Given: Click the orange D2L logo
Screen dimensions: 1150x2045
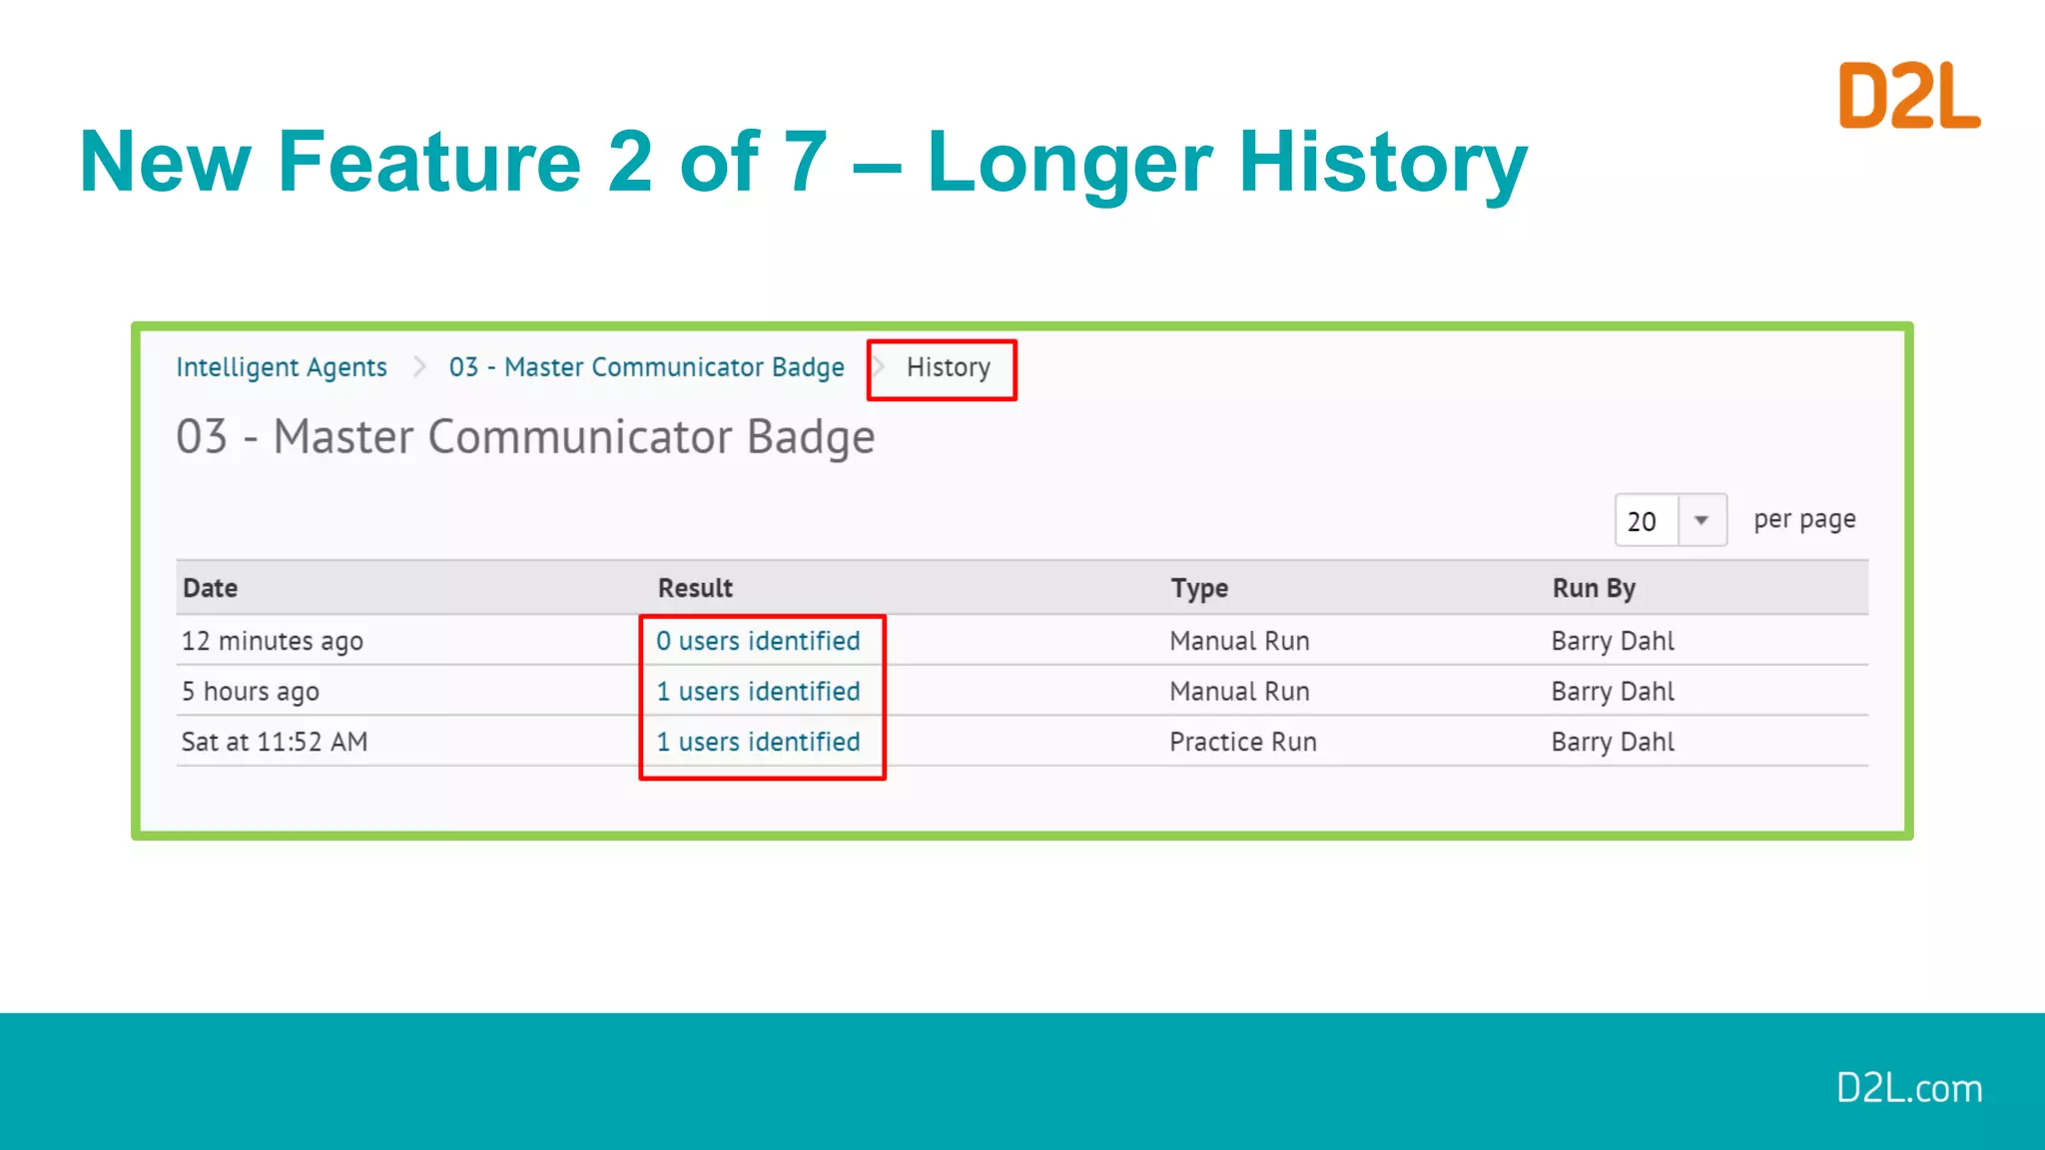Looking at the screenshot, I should pos(1908,96).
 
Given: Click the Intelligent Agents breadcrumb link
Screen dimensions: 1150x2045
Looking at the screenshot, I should pos(281,367).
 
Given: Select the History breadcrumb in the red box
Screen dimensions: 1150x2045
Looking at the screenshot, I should pos(948,367).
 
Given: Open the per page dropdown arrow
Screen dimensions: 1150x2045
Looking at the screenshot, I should pos(1702,520).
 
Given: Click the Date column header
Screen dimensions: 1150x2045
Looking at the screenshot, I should pos(210,588).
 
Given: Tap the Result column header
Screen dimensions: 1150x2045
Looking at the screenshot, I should pos(695,588).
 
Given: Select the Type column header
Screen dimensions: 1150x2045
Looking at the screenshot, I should pos(1199,588).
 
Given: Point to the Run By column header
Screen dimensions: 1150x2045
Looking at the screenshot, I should pos(1593,588).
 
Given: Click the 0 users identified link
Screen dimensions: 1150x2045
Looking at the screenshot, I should pos(758,641).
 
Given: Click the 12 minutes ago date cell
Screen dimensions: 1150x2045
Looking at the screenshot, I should pos(272,641).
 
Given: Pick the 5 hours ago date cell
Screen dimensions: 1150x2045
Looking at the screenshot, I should pos(250,692).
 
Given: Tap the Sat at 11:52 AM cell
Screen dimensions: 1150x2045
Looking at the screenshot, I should pos(275,742).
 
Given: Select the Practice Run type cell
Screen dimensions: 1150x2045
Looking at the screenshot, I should pos(1243,742).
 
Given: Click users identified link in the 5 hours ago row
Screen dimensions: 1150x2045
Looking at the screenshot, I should pos(758,692).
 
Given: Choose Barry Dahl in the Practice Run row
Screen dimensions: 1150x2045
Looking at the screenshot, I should pos(1613,742).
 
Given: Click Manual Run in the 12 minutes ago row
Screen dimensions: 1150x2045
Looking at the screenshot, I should pos(1239,641).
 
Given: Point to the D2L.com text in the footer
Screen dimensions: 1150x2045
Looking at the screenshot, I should pos(1908,1088).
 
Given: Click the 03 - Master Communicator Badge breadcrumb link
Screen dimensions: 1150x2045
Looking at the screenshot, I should pos(646,367).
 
